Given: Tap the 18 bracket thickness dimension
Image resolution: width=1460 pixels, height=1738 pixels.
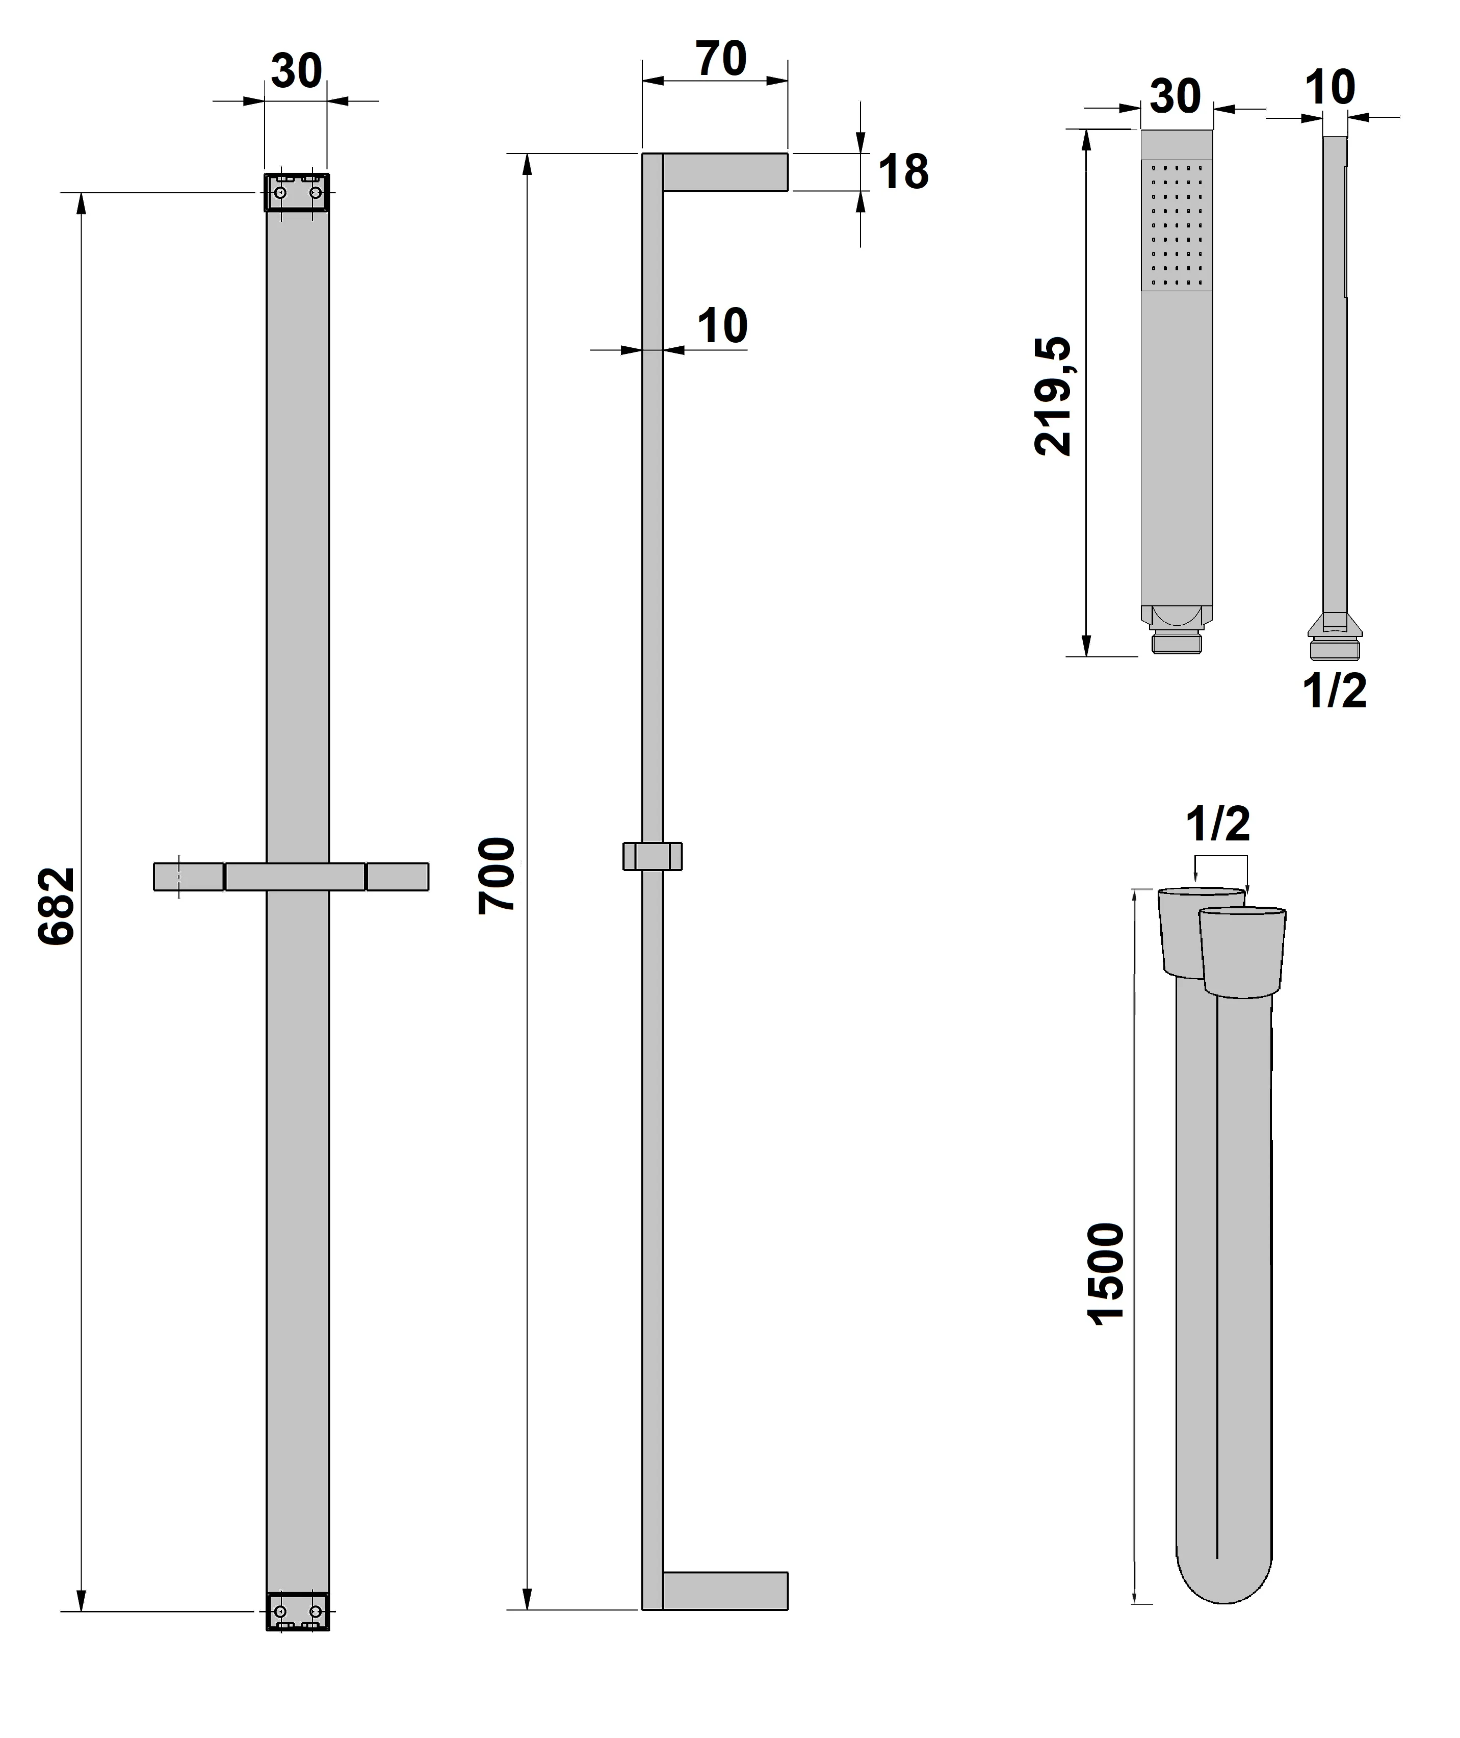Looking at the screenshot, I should point(903,173).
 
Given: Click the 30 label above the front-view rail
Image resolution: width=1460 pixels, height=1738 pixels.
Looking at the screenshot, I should point(296,71).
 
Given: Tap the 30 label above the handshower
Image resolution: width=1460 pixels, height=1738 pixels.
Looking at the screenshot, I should point(1175,97).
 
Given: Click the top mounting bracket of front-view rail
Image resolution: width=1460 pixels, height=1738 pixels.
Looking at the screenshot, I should point(296,192).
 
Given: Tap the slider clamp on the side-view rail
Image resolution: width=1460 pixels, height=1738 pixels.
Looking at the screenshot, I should point(652,856).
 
